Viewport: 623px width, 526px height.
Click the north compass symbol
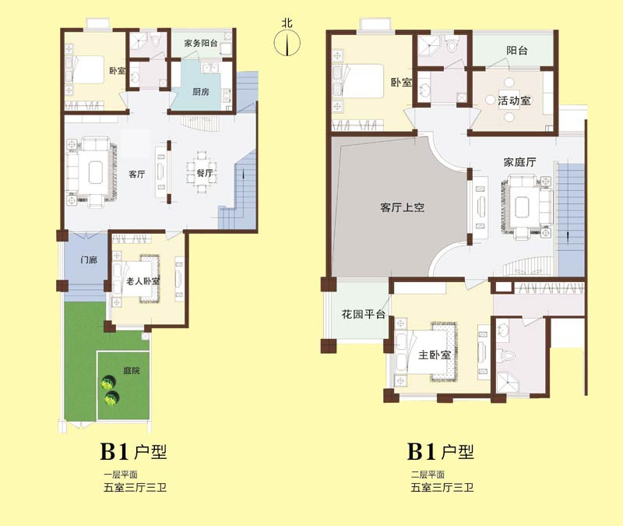click(287, 43)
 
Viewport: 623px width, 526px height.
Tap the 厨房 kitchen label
click(201, 92)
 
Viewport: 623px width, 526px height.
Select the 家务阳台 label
click(201, 43)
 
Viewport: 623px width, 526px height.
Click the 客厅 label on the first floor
click(137, 174)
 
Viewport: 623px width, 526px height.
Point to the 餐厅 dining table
click(202, 172)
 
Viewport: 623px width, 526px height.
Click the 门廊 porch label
click(89, 260)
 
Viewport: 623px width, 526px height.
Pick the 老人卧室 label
click(143, 281)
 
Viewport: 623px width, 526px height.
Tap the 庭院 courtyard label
click(132, 371)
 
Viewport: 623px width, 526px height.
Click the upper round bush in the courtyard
click(108, 383)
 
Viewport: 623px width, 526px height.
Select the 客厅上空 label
click(403, 207)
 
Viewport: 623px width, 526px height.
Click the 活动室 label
click(514, 101)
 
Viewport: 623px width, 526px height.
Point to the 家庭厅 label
click(519, 162)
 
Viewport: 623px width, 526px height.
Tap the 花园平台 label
click(364, 314)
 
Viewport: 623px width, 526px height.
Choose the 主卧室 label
click(435, 355)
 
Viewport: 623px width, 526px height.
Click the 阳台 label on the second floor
click(517, 51)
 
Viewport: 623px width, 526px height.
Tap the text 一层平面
click(121, 475)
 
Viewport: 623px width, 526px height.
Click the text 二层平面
click(428, 475)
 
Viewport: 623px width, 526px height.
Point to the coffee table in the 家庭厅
click(522, 207)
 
